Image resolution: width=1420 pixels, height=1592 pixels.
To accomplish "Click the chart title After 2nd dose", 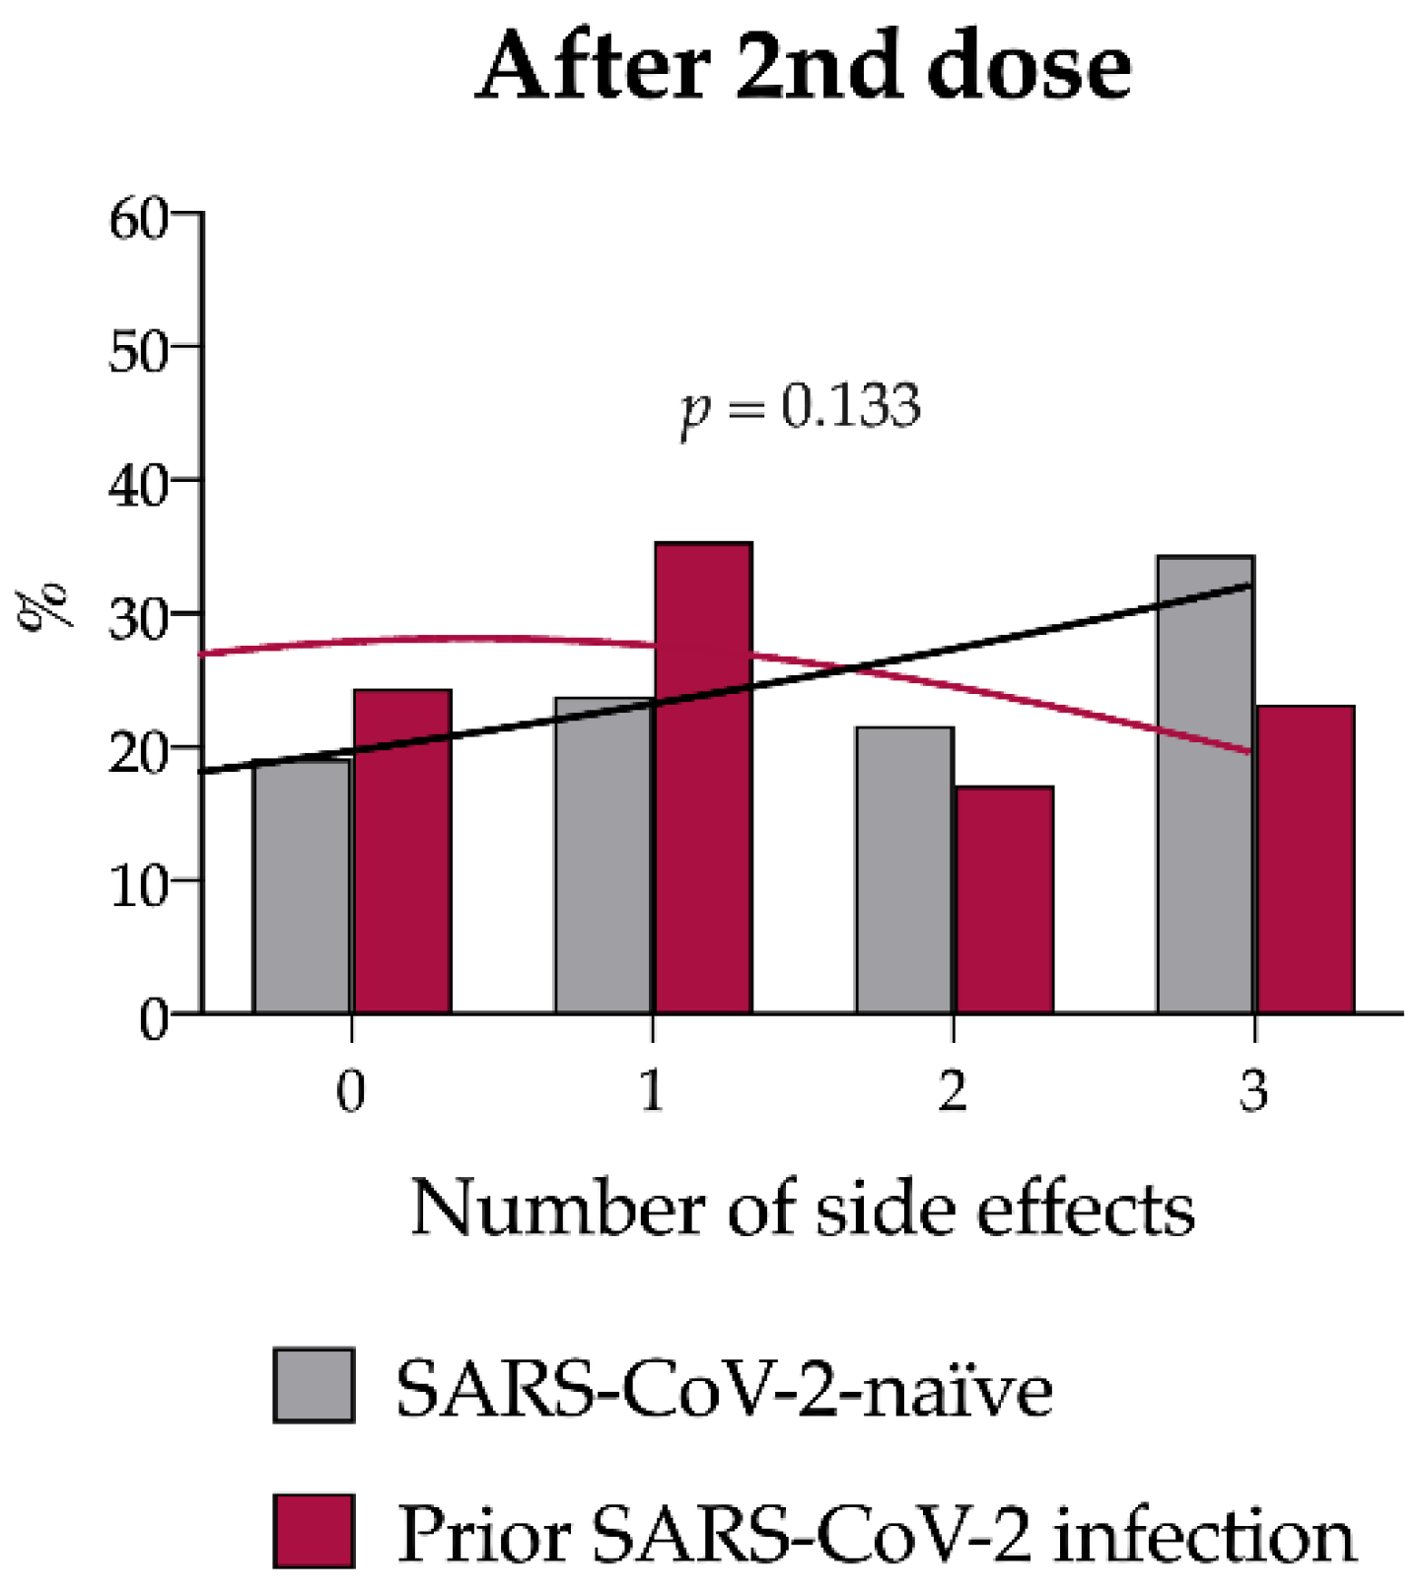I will (x=803, y=67).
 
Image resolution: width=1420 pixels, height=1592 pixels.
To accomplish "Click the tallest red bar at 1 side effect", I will (x=704, y=778).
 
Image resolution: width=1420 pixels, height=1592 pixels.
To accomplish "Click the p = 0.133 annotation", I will (x=801, y=406).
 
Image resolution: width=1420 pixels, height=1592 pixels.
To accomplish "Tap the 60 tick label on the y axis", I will (x=138, y=218).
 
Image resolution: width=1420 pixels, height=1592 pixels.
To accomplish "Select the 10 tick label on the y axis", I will (x=138, y=884).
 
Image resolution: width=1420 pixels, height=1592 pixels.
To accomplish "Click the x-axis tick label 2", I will (x=953, y=1090).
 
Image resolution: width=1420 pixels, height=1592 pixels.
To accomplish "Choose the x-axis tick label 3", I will (x=1253, y=1090).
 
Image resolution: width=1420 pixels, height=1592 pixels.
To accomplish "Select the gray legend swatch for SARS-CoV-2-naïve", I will (x=314, y=1385).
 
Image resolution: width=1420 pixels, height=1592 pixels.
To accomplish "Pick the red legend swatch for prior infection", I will (x=314, y=1531).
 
